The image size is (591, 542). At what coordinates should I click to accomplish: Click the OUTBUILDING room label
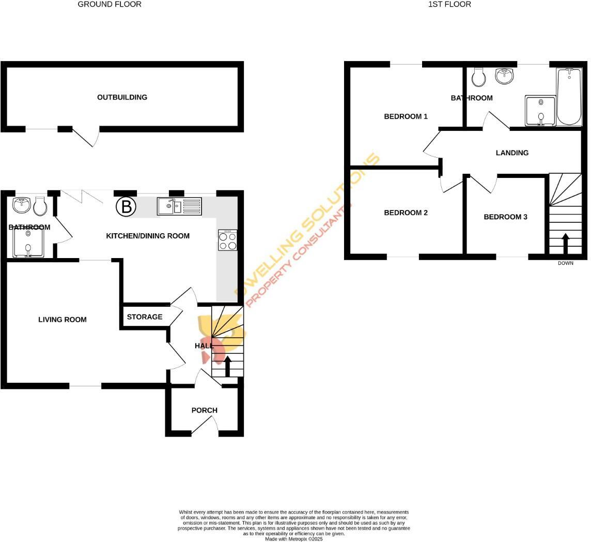pos(122,97)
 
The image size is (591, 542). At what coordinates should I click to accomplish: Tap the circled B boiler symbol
pos(126,207)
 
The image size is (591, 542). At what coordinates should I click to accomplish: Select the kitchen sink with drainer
pos(179,206)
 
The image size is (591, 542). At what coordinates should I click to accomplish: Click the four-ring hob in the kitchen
pos(228,240)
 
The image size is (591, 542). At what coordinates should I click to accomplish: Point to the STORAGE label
pos(145,317)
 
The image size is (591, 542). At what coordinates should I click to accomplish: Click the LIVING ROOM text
pos(63,320)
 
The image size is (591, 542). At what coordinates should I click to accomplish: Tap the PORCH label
pos(205,410)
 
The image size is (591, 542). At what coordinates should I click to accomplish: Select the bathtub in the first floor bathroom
pos(569,97)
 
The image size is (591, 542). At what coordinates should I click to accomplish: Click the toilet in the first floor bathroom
pos(479,78)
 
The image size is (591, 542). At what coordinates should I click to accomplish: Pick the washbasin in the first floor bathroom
pos(505,76)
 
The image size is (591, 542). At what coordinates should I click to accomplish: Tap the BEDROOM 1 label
pos(406,116)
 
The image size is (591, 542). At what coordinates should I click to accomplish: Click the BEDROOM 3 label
pos(505,217)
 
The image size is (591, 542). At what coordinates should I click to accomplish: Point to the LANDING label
pos(512,153)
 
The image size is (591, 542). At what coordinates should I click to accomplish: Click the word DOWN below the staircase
pos(566,263)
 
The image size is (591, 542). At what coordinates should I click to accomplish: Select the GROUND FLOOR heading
pos(110,4)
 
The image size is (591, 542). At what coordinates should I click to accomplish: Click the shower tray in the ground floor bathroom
pos(28,244)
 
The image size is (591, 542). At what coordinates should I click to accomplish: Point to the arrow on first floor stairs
pos(565,243)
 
